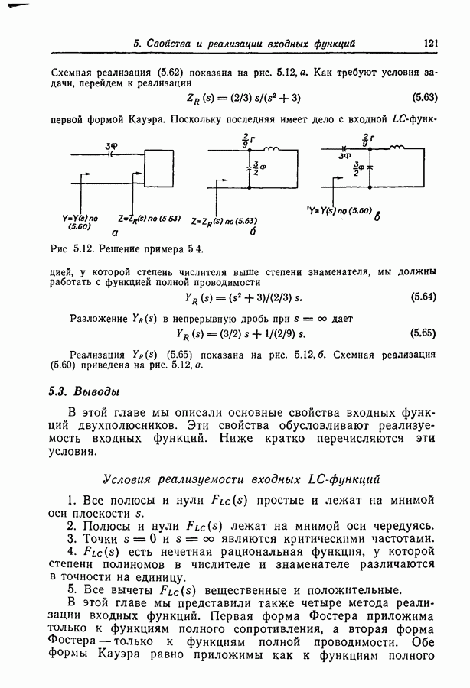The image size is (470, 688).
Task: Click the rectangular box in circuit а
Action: click(x=159, y=164)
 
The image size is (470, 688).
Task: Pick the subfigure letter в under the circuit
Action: click(x=377, y=217)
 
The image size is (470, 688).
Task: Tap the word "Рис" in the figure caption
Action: click(x=57, y=250)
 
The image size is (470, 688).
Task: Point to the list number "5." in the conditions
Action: click(x=71, y=589)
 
